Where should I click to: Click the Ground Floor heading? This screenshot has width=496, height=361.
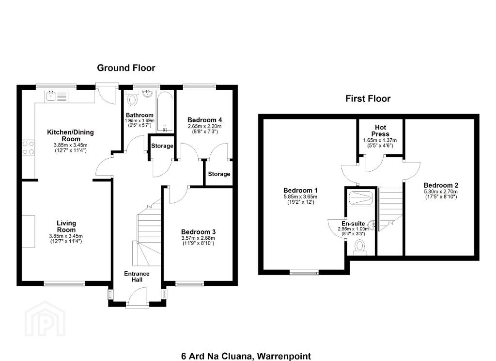point(126,68)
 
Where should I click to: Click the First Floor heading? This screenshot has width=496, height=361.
point(368,98)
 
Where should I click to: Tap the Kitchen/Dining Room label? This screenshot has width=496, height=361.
point(71,135)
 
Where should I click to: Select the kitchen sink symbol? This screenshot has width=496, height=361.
point(56,96)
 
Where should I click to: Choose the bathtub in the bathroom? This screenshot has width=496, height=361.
point(165,112)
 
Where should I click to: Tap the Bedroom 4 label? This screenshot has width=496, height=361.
point(205,120)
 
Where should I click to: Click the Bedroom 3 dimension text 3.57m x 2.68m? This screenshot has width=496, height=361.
point(198,238)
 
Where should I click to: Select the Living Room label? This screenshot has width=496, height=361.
point(66,226)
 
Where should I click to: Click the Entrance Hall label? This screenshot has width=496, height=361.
point(137,277)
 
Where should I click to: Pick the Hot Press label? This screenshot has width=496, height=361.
point(380,131)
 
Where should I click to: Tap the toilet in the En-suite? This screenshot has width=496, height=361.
point(360,247)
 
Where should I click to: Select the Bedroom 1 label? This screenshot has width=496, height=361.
point(300,191)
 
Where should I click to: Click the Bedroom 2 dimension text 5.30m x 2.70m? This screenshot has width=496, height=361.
point(441,192)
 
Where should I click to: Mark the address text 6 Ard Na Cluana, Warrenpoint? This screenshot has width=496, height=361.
point(246,356)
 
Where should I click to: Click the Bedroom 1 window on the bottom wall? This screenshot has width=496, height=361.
point(304,272)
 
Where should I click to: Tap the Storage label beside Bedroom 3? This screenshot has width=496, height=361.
point(219,174)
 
